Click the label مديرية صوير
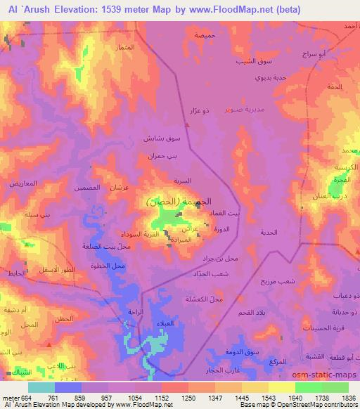tap(244, 111)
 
